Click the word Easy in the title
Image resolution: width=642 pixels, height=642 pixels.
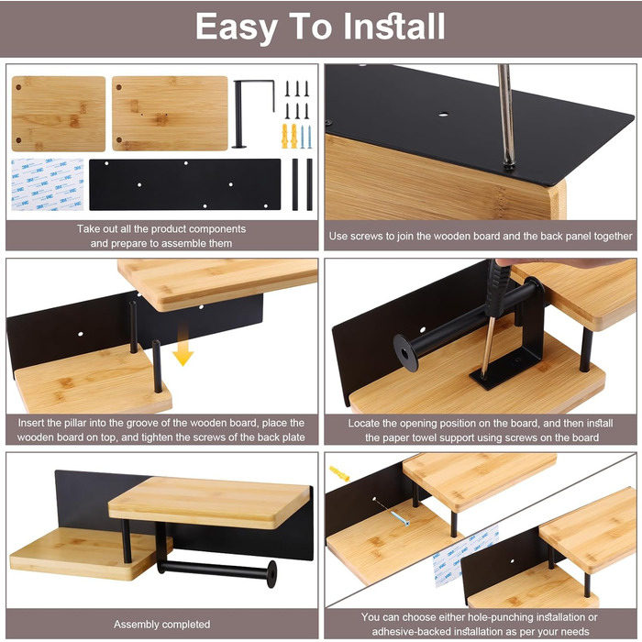237,27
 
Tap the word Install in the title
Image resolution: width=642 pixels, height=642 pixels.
393,27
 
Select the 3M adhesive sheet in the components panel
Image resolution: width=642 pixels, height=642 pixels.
48,184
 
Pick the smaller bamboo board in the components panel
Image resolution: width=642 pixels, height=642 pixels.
59,114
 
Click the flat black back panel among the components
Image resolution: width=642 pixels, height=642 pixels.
185,184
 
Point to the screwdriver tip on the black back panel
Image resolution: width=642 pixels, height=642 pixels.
509,165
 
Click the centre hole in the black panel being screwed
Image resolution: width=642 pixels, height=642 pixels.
443,115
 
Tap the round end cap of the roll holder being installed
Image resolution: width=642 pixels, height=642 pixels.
405,352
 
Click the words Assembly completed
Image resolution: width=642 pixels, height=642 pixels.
161,624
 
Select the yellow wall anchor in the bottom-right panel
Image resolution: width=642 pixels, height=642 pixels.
339,473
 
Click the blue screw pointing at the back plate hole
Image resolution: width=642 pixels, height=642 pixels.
400,518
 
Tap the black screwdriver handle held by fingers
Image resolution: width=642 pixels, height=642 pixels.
497,286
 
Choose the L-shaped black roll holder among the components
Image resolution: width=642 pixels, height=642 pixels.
253,114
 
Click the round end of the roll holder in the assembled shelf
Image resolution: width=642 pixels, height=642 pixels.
271,574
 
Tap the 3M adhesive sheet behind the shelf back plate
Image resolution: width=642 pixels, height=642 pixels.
465,555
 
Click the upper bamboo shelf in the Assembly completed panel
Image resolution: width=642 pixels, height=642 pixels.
209,503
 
